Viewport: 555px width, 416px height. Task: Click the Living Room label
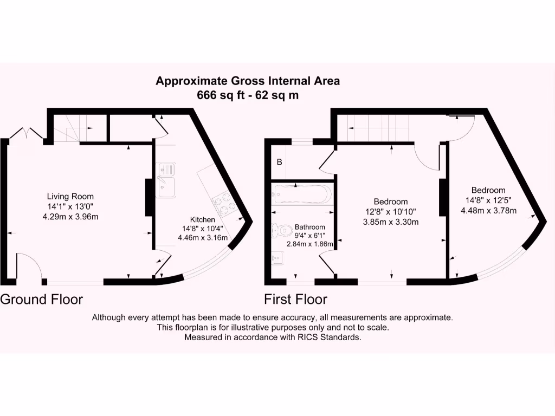70,197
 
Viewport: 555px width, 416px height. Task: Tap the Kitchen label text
202,220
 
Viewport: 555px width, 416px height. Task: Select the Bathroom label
309,227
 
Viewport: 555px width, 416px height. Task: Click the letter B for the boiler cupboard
280,162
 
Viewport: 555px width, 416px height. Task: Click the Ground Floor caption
41,299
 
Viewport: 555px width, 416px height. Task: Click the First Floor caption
295,299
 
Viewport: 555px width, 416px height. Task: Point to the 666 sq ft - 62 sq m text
248,95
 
